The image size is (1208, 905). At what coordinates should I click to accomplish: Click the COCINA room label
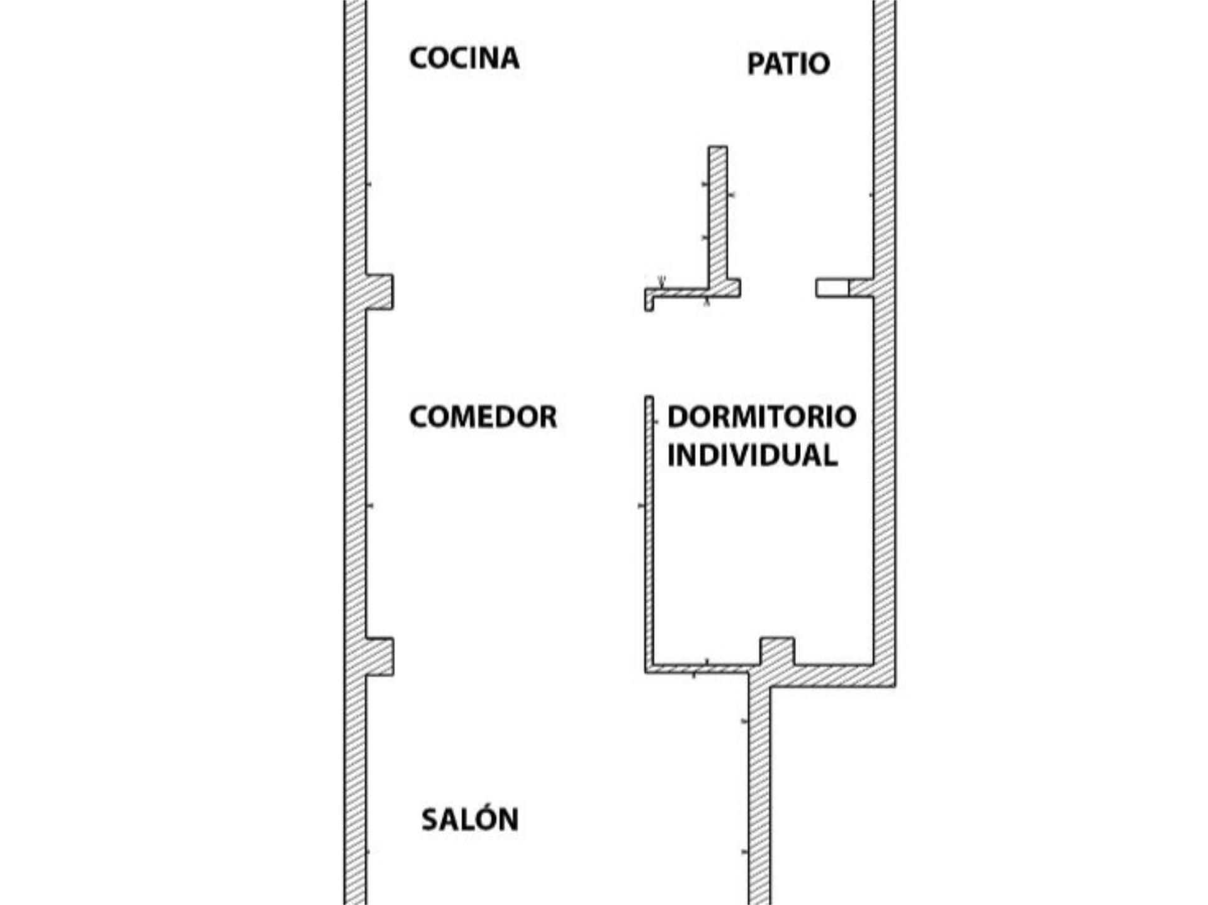464,58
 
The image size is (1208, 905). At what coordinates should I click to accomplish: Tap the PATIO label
788,64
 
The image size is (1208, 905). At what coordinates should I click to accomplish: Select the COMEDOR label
483,417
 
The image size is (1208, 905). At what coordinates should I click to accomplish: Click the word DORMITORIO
761,417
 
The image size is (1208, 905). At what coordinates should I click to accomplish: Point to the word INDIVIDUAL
752,455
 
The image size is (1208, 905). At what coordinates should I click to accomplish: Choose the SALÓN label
469,819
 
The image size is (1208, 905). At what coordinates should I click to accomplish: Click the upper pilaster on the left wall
379,292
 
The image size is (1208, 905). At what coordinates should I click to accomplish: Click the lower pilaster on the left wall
379,657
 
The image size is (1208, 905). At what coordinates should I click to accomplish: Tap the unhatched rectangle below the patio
832,287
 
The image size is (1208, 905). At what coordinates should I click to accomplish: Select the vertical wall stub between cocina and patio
718,214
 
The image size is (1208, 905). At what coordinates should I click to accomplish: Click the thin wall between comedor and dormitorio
649,535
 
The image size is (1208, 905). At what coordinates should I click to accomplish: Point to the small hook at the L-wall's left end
649,301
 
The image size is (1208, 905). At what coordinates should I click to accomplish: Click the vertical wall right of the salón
759,792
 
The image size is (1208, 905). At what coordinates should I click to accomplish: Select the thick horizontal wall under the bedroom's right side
830,676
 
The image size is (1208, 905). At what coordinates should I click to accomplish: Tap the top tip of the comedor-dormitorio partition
649,399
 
